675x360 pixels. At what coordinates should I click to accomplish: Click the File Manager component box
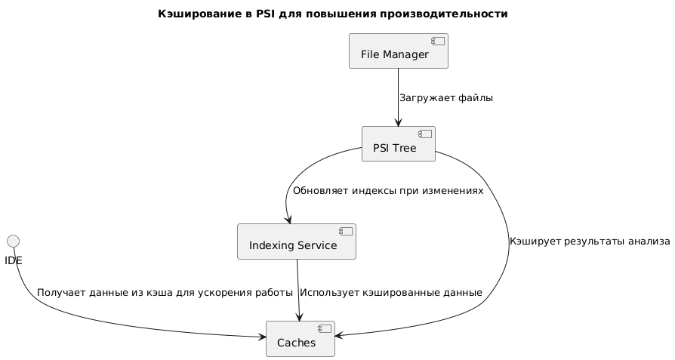pyautogui.click(x=398, y=51)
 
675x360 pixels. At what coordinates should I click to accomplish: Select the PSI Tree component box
pyautogui.click(x=398, y=144)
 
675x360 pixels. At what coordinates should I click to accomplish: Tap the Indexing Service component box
pyautogui.click(x=296, y=242)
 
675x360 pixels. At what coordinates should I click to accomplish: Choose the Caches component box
pyautogui.click(x=300, y=338)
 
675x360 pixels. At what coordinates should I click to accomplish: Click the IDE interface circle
pyautogui.click(x=13, y=241)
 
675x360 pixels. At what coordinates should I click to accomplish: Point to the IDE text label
pyautogui.click(x=13, y=260)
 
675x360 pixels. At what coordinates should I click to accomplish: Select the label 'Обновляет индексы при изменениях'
pyautogui.click(x=387, y=192)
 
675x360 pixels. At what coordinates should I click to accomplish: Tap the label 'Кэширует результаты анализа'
pyautogui.click(x=590, y=242)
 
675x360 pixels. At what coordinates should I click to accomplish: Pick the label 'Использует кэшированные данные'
pyautogui.click(x=390, y=292)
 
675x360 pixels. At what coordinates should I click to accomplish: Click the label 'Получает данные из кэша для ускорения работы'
pyautogui.click(x=165, y=292)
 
